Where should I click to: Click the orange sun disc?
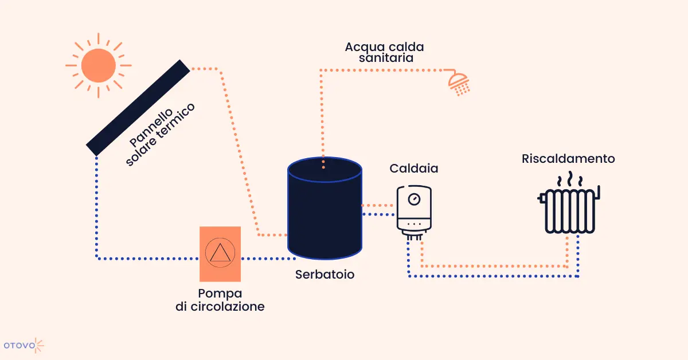99,65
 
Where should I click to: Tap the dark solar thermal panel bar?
138,108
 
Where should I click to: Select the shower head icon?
458,83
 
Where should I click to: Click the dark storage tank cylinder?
325,208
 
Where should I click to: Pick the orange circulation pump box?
220,254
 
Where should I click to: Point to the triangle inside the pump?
220,253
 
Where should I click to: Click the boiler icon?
414,213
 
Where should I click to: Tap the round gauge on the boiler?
414,199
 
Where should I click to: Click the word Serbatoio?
325,275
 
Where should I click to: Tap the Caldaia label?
414,169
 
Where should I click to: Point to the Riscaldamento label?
568,159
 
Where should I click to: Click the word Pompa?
220,294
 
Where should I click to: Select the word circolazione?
228,307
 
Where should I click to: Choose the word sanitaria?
386,58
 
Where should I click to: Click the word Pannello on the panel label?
151,127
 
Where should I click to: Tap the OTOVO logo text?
19,346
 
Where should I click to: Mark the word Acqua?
365,48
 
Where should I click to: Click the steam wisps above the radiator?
570,179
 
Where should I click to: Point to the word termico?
175,120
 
